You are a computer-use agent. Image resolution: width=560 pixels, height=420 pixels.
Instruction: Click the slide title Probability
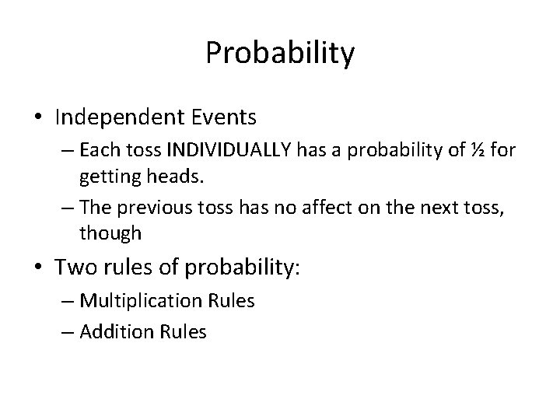tap(280, 54)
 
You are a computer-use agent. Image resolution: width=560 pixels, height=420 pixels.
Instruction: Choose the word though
tap(110, 233)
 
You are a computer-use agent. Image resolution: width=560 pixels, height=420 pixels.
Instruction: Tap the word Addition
tap(114, 332)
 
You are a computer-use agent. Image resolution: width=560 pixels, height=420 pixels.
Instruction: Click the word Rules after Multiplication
tap(229, 301)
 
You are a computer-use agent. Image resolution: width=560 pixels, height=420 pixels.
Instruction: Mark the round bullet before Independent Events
tap(38, 117)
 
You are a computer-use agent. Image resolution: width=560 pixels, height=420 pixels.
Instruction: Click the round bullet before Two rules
tap(38, 268)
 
